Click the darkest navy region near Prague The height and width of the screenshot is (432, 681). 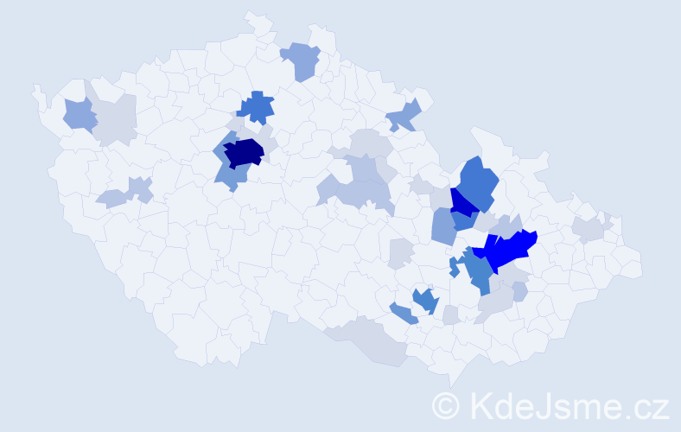click(244, 153)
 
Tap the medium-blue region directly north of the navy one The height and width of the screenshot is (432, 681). click(257, 107)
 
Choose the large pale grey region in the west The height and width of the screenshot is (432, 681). click(116, 120)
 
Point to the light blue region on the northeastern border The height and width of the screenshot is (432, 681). click(404, 115)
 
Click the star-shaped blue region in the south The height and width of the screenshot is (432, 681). click(424, 300)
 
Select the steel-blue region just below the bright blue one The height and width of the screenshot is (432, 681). click(478, 272)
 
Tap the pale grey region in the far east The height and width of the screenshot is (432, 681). click(590, 229)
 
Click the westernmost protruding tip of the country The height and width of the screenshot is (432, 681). click(36, 89)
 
